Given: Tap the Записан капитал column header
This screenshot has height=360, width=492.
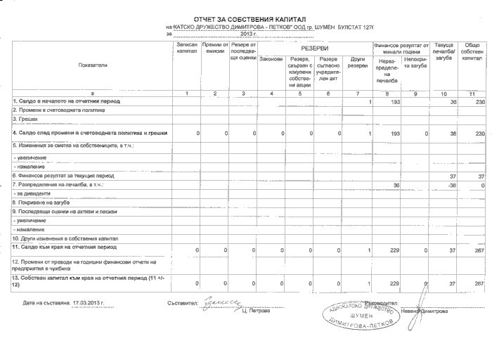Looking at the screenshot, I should click(187, 48).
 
